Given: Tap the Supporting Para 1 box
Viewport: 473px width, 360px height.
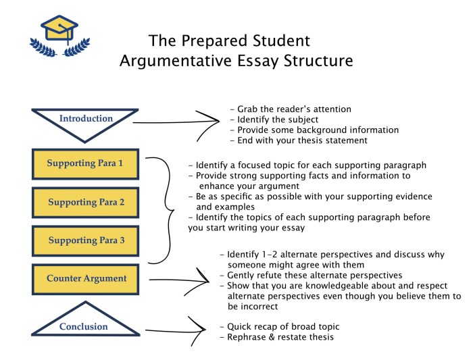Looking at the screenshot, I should pyautogui.click(x=85, y=163).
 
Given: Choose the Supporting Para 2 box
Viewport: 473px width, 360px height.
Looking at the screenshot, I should pyautogui.click(x=85, y=202).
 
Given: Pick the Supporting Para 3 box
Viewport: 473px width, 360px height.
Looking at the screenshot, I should pyautogui.click(x=85, y=240).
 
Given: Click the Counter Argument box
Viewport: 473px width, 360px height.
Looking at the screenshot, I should pyautogui.click(x=85, y=278).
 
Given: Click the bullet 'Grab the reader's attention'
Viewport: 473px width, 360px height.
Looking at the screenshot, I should pyautogui.click(x=291, y=109).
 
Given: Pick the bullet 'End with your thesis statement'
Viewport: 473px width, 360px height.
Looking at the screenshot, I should pyautogui.click(x=298, y=140).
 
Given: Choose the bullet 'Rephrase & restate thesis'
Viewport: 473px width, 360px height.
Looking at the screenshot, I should pyautogui.click(x=276, y=337).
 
